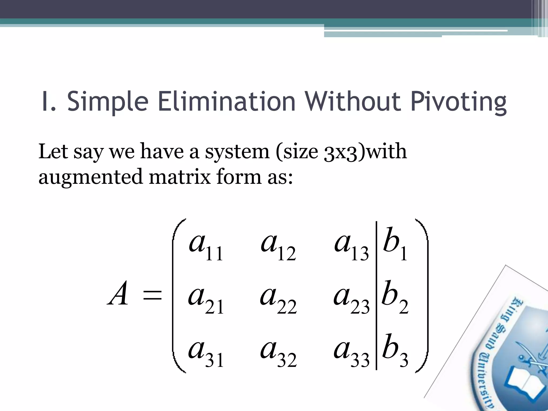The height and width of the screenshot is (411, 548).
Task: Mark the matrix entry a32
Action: click(278, 352)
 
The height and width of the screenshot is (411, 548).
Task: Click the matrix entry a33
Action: click(351, 352)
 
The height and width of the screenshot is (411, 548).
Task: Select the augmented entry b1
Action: click(395, 243)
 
